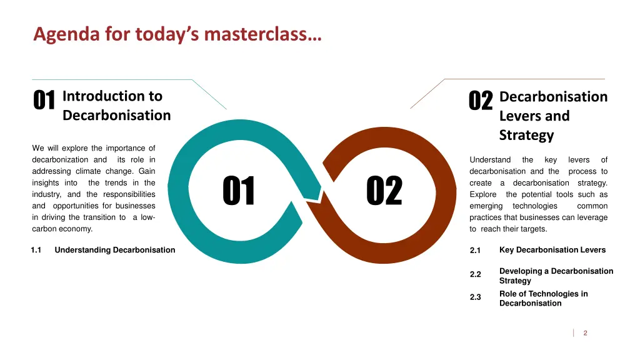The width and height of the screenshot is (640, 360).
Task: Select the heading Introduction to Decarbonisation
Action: pyautogui.click(x=116, y=106)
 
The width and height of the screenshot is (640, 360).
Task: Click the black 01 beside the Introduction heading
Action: pyautogui.click(x=44, y=101)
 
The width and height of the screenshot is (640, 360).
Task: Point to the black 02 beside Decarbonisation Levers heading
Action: pyautogui.click(x=481, y=101)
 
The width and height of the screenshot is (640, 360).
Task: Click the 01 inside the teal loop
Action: pyautogui.click(x=239, y=191)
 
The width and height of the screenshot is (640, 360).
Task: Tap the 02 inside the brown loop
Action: pyautogui.click(x=384, y=191)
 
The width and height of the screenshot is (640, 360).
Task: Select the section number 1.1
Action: pyautogui.click(x=36, y=250)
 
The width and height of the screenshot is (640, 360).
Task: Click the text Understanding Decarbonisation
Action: pyautogui.click(x=115, y=250)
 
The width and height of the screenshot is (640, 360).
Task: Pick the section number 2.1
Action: pyautogui.click(x=475, y=251)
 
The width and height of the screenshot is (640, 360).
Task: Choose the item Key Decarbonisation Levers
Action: pyautogui.click(x=552, y=250)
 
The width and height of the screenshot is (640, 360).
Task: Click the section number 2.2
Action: pyautogui.click(x=475, y=274)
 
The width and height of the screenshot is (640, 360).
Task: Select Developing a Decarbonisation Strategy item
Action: pyautogui.click(x=556, y=276)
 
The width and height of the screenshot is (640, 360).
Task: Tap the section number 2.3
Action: pyautogui.click(x=475, y=297)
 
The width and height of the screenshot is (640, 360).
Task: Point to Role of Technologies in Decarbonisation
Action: pyautogui.click(x=543, y=298)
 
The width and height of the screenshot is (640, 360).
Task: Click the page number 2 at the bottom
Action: pyautogui.click(x=585, y=333)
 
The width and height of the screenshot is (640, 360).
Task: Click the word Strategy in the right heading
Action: pyautogui.click(x=526, y=135)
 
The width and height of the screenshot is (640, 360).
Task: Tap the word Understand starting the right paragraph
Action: pyautogui.click(x=490, y=160)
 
